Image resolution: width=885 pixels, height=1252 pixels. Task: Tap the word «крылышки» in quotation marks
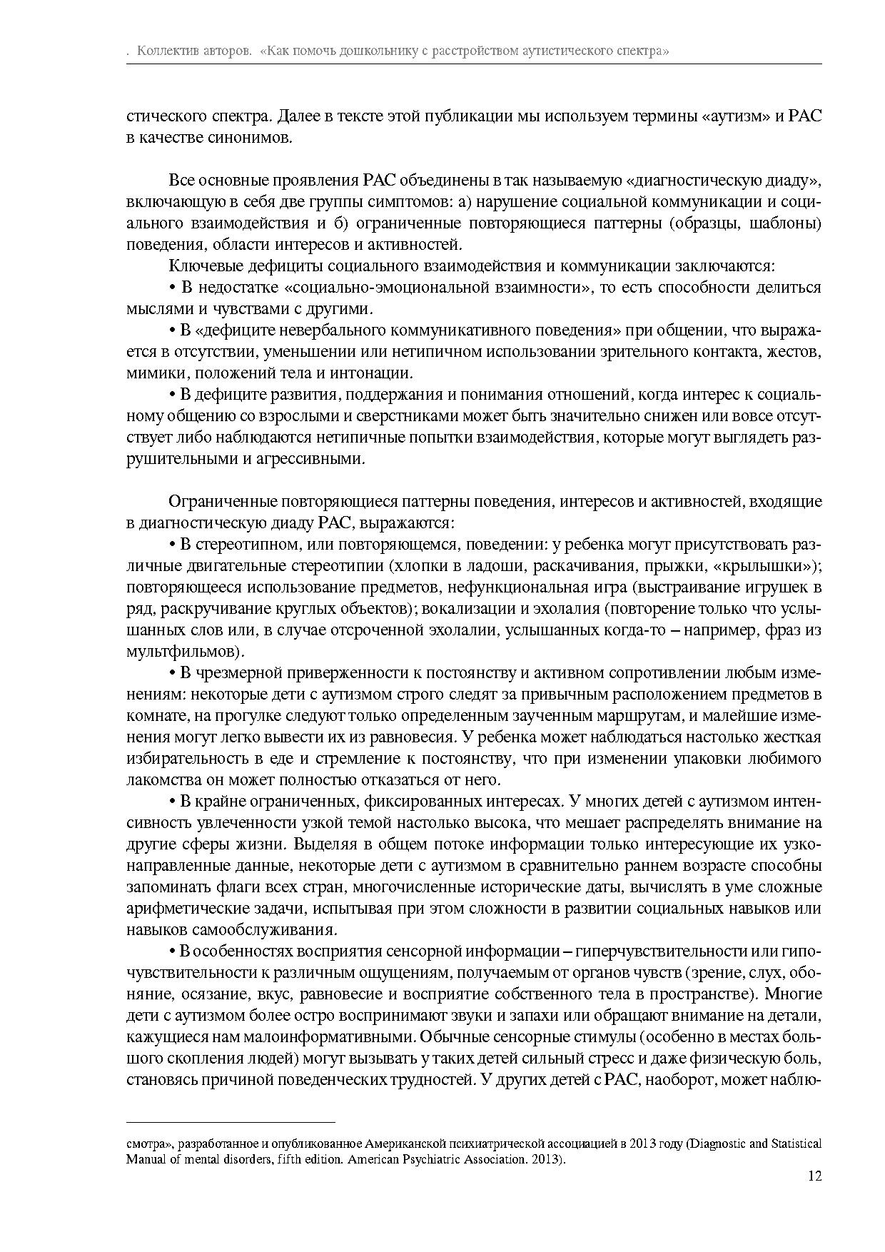[779, 566]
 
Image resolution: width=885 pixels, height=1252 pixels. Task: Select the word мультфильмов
[183, 652]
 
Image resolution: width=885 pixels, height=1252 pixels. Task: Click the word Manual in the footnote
[145, 1159]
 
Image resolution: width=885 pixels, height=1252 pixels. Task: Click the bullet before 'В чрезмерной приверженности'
[172, 673]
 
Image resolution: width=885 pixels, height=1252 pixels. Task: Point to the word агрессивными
[309, 459]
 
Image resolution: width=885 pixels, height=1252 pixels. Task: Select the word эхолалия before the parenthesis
[557, 609]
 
